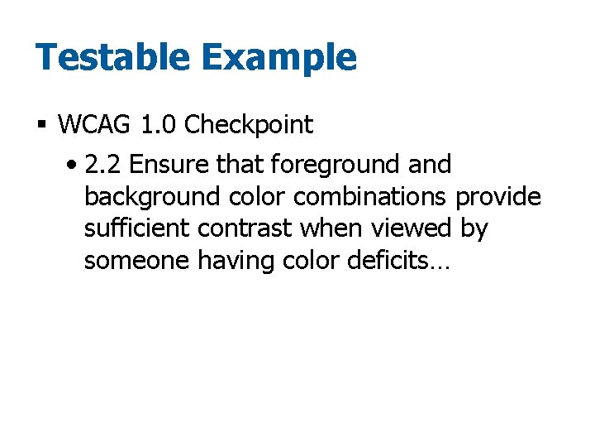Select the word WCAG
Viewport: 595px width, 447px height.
coord(94,125)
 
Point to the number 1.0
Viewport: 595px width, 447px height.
coord(158,125)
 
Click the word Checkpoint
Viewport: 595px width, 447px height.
coord(249,126)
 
